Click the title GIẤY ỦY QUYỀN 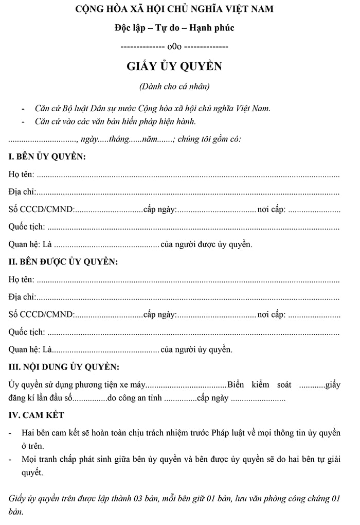pyautogui.click(x=174, y=67)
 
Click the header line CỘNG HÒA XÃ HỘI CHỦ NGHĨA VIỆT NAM pyautogui.click(x=174, y=9)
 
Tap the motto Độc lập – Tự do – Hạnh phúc pyautogui.click(x=174, y=28)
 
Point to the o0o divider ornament pyautogui.click(x=174, y=47)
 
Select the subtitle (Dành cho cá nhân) pyautogui.click(x=174, y=86)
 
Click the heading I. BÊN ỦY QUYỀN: pyautogui.click(x=47, y=156)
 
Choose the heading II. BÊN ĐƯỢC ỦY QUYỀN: pyautogui.click(x=63, y=262)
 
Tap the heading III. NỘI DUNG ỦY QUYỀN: pyautogui.click(x=64, y=367)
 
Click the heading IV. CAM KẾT pyautogui.click(x=37, y=415)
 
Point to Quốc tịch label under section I pyautogui.click(x=26, y=226)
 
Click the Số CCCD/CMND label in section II pyautogui.click(x=41, y=314)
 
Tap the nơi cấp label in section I pyautogui.click(x=272, y=209)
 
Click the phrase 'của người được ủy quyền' pyautogui.click(x=206, y=244)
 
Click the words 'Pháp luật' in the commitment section pyautogui.click(x=228, y=432)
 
